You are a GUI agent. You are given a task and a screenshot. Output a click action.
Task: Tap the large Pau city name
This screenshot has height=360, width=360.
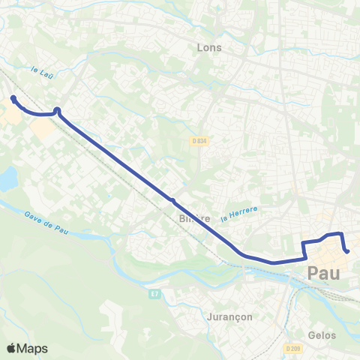click(323, 274)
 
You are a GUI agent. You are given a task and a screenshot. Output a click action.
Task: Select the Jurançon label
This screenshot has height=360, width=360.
click(229, 316)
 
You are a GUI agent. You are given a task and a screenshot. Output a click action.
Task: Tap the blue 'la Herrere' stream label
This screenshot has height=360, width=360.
click(240, 215)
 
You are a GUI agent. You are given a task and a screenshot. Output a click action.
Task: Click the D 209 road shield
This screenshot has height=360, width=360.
click(293, 349)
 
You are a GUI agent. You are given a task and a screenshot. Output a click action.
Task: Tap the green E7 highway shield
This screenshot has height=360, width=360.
click(154, 293)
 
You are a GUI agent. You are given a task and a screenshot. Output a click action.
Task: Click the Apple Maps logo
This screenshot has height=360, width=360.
click(27, 348)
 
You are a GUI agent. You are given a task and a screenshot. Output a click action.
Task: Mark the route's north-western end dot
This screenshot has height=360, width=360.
click(13, 98)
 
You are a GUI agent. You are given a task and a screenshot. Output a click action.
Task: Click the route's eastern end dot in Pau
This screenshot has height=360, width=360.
click(347, 251)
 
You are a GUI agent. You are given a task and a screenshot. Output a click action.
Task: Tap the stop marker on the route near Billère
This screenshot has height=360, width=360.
click(172, 200)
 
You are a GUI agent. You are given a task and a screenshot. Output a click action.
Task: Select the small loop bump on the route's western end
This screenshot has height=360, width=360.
click(57, 111)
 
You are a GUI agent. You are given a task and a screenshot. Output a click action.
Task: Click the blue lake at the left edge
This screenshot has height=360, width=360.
click(7, 179)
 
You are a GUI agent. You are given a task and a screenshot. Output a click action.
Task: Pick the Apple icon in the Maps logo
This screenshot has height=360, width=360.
click(11, 348)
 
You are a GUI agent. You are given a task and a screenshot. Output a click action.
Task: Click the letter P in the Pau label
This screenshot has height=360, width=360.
click(313, 274)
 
